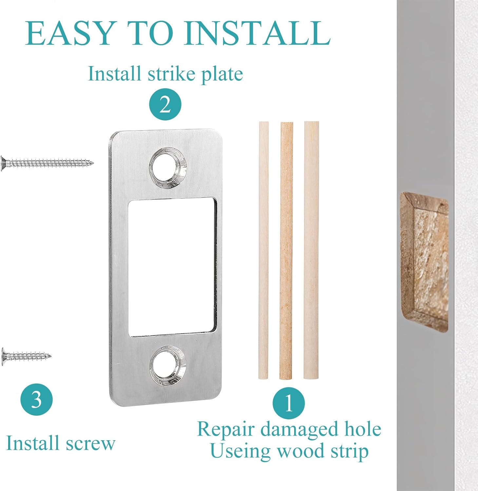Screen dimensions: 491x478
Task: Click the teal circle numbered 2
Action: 165,104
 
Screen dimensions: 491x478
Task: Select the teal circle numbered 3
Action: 37,399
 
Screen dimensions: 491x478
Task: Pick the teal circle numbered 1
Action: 289,403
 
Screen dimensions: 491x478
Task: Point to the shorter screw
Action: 26,355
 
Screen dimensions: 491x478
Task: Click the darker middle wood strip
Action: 286,250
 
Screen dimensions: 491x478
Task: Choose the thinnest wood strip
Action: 263,250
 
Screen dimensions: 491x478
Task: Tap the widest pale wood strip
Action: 311,250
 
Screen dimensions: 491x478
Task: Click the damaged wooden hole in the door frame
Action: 424,262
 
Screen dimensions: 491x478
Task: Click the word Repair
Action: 226,429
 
